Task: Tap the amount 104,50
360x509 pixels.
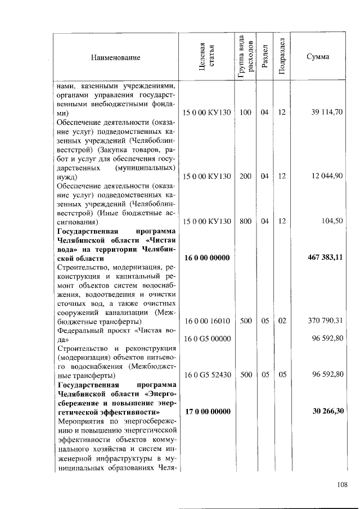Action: (332, 221)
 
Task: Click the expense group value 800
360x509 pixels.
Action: (245, 221)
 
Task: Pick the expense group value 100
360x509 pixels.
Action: (245, 112)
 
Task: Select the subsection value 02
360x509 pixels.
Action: (282, 321)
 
